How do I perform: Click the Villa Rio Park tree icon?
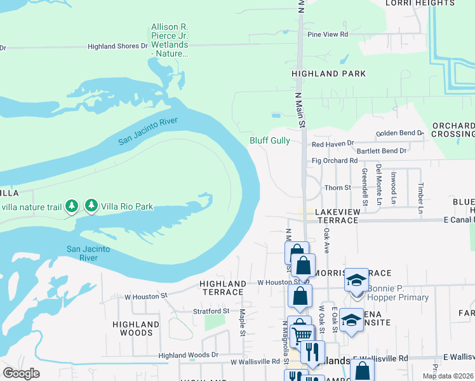click(91, 205)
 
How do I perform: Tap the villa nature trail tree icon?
click(72, 205)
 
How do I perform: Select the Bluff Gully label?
click(270, 140)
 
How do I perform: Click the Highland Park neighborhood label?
click(328, 74)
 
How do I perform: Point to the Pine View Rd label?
click(328, 34)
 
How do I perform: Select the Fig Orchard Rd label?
click(335, 161)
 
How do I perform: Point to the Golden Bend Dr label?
click(399, 133)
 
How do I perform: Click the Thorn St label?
click(337, 188)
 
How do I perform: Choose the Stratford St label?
click(211, 311)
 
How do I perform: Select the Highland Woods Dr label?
click(188, 355)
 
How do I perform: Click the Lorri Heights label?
click(420, 3)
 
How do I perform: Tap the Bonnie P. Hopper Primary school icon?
click(356, 280)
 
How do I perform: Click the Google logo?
click(21, 373)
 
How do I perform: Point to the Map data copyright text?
click(448, 376)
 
